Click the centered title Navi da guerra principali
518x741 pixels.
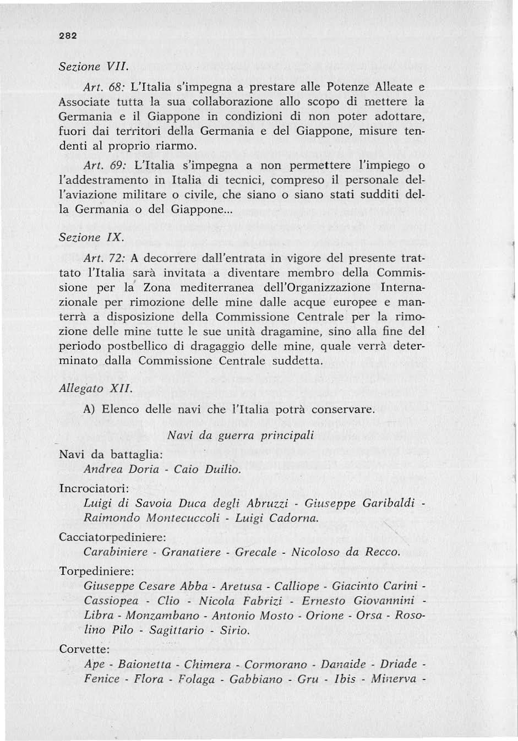tap(241, 435)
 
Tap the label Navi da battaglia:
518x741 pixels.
tap(110, 455)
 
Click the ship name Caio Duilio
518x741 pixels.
tap(208, 470)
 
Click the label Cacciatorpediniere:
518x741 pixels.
tap(112, 537)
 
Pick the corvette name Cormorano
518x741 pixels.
tap(276, 664)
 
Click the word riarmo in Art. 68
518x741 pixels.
tap(175, 146)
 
